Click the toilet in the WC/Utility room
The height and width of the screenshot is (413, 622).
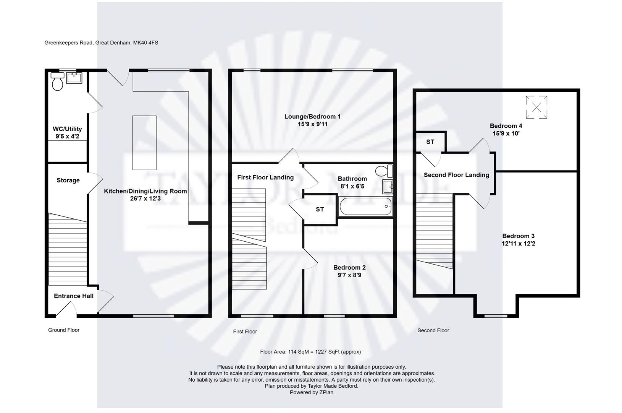[x=57, y=82]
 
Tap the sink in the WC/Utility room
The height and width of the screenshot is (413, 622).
[x=74, y=78]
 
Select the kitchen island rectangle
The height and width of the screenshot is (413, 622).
[x=144, y=143]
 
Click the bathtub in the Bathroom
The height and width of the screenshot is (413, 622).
[x=365, y=206]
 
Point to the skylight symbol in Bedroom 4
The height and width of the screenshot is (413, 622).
[x=536, y=107]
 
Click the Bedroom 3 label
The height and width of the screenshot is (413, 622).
[x=518, y=236]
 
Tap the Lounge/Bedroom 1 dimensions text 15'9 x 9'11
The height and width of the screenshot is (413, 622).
[x=312, y=124]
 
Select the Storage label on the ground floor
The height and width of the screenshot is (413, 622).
[x=68, y=180]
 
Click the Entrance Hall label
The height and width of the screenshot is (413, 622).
[x=74, y=296]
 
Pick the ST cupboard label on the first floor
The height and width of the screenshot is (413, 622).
[x=320, y=209]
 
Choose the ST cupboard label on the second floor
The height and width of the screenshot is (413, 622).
[x=430, y=142]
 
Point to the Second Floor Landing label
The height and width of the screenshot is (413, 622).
[x=456, y=175]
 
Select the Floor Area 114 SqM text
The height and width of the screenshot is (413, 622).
[x=310, y=352]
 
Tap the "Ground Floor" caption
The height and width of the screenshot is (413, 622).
[x=64, y=330]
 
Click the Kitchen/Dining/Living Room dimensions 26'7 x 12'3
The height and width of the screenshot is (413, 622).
[x=145, y=199]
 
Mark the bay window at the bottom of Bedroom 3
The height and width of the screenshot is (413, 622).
[x=496, y=316]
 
